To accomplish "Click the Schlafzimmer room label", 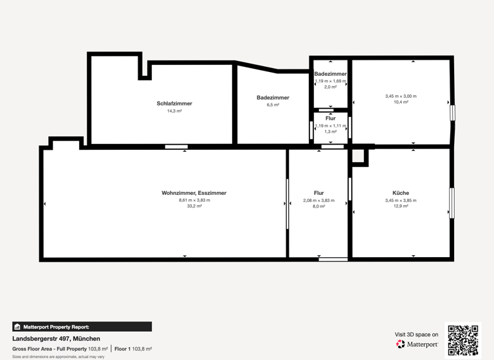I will point(174,104).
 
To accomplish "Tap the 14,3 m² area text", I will point(174,111).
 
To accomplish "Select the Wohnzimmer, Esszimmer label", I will point(194,193).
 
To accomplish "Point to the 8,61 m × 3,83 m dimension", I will point(194,201).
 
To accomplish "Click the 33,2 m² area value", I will point(194,206).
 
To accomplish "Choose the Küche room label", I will point(401,193).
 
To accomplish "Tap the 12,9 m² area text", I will point(401,206).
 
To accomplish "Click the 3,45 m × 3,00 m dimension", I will point(401,96).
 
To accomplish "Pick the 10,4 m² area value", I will point(401,102).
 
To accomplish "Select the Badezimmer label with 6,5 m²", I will point(273,98).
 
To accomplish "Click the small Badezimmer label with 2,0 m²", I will point(331,74).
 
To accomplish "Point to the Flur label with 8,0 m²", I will point(319,193).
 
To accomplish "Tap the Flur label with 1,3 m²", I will point(331,118).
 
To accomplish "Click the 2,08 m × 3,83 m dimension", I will point(319,201).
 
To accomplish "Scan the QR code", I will point(463,340).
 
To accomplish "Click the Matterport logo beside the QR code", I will point(417,345).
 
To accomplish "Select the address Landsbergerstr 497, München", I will point(56,338).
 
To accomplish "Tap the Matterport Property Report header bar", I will point(82,327).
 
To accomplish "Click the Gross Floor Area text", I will point(49,348).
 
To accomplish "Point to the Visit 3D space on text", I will point(416,334).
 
